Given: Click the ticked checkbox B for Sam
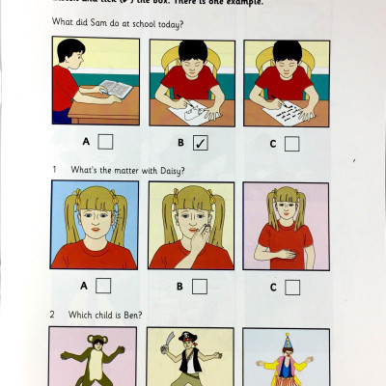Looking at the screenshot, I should pos(199,143).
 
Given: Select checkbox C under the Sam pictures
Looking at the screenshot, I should pos(291,143).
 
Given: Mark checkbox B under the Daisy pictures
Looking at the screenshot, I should pos(199,286).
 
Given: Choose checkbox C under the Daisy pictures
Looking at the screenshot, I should pos(291,286).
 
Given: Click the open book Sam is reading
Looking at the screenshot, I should pos(114,90).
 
